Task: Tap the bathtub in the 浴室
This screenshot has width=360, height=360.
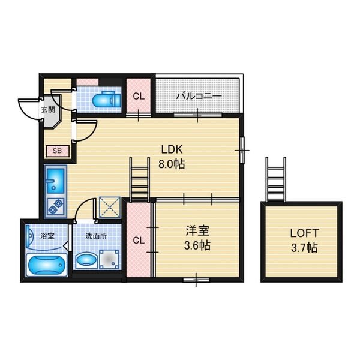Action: (47, 265)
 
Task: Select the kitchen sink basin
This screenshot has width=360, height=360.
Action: (55, 181)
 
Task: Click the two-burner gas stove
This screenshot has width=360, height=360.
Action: (56, 207)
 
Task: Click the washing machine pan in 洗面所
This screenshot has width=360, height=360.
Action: (109, 259)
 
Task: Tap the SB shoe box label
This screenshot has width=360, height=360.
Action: (58, 151)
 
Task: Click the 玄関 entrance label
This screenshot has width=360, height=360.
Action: (48, 110)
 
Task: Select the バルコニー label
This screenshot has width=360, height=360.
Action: (199, 96)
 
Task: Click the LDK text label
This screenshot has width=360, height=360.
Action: (172, 149)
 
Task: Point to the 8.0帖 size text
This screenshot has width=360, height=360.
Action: (172, 164)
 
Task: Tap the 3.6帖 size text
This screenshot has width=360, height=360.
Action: (197, 245)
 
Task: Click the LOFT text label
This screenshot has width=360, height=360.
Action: (304, 233)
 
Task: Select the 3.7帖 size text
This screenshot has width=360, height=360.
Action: (304, 248)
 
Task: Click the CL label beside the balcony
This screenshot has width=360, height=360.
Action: (139, 97)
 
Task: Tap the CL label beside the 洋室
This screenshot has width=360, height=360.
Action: (139, 241)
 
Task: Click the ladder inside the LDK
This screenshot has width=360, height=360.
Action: (140, 179)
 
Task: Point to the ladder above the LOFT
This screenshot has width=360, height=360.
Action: (276, 179)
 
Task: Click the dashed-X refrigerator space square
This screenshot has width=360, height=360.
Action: (110, 208)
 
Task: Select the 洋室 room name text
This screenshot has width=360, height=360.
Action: (197, 231)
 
